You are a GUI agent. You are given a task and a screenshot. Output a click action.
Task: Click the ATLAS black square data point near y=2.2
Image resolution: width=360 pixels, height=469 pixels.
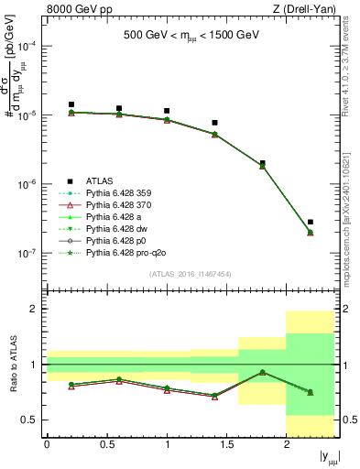coord(311,222)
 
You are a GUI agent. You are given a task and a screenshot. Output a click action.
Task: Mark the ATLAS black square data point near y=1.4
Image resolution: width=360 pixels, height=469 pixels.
coord(214,123)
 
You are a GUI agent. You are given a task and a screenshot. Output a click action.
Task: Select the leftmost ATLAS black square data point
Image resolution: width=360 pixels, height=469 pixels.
coord(71,104)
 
